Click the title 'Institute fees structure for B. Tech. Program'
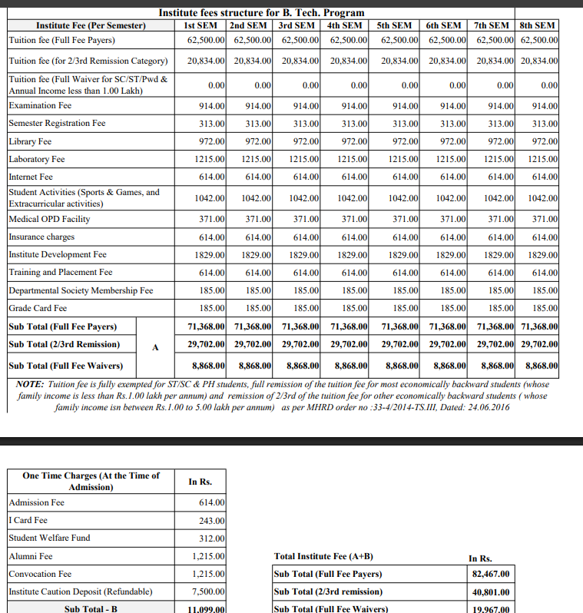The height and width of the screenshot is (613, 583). pos(261,12)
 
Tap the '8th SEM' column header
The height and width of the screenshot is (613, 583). pos(538,25)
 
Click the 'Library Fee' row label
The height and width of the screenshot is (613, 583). pos(30,141)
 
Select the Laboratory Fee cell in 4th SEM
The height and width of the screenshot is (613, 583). pos(353,159)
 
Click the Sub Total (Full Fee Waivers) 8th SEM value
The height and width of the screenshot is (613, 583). pos(542,366)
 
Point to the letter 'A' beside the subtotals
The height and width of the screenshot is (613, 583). pos(155,346)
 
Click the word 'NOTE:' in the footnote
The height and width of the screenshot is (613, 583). pos(29,383)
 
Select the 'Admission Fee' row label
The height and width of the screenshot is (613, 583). pos(36,502)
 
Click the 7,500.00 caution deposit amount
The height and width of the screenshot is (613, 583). pos(208,592)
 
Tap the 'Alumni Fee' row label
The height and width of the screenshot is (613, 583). pos(31,556)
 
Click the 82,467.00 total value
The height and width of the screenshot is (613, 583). pos(491,575)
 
